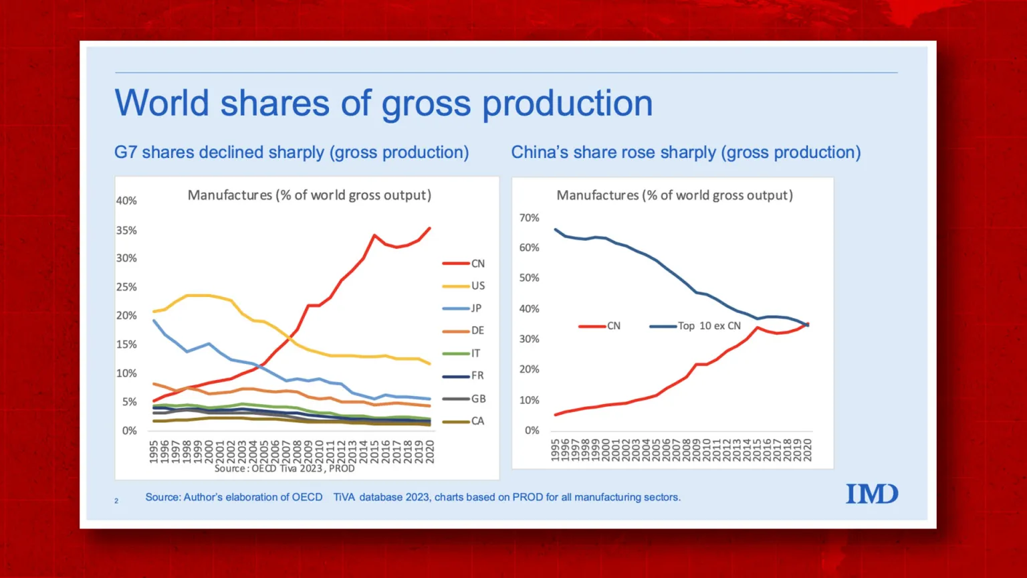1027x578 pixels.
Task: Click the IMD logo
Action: click(872, 494)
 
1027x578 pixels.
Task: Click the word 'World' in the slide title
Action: click(162, 104)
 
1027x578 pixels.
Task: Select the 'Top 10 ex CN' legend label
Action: click(709, 326)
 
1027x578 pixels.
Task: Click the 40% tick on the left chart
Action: click(126, 201)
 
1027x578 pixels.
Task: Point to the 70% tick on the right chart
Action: click(529, 218)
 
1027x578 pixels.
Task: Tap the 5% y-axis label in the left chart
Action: click(129, 402)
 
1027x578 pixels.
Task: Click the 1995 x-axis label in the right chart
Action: click(555, 450)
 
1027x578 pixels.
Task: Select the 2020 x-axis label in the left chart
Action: click(430, 451)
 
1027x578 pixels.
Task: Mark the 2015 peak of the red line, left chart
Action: click(374, 235)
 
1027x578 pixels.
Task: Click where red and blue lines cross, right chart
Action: click(806, 324)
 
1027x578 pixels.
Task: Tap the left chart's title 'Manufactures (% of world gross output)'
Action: click(309, 195)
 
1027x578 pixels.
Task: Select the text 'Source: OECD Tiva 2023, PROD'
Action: click(284, 468)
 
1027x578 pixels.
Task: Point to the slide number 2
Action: click(116, 500)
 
